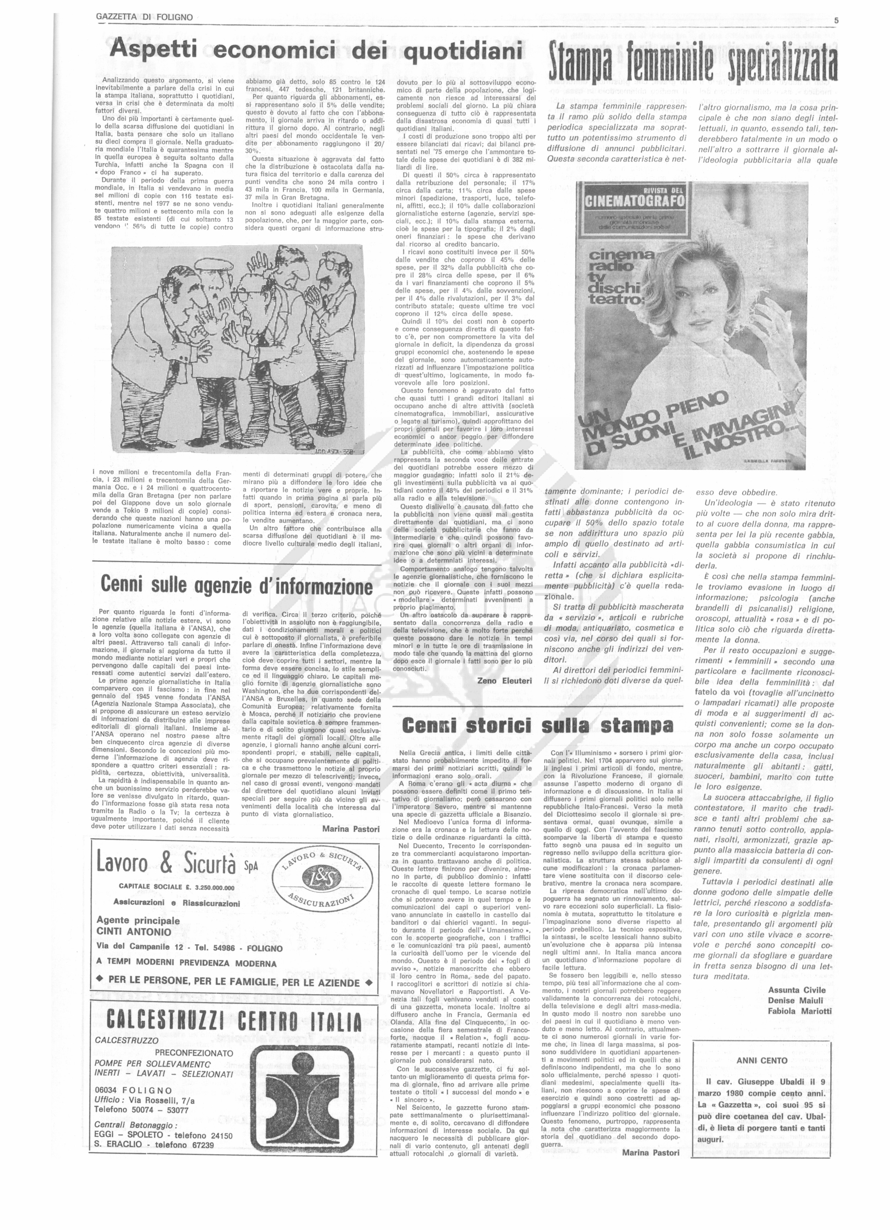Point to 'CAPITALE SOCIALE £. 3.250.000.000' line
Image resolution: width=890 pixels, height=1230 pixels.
(176, 887)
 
